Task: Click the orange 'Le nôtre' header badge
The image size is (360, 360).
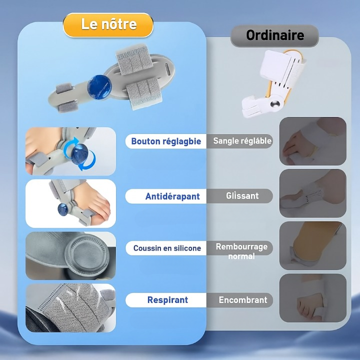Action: point(108,24)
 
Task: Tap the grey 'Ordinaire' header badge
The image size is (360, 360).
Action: point(274,35)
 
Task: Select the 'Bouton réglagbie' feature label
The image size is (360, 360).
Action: point(165,141)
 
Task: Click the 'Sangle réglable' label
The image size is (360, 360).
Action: point(242,141)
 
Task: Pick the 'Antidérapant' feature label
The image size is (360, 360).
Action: point(172,196)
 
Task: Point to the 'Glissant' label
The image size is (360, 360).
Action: point(242,196)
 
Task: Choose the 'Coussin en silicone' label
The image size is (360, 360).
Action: point(166,248)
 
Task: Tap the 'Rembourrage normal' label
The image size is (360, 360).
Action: point(241,251)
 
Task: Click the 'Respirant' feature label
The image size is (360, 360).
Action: point(167,300)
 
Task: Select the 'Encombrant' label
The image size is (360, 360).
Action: point(243,300)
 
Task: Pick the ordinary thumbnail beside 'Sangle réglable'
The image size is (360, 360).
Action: point(312,141)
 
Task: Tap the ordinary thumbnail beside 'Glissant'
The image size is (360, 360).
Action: point(312,193)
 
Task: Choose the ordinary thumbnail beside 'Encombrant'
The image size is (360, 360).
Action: point(312,297)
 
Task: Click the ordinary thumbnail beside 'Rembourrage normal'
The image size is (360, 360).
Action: point(312,245)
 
